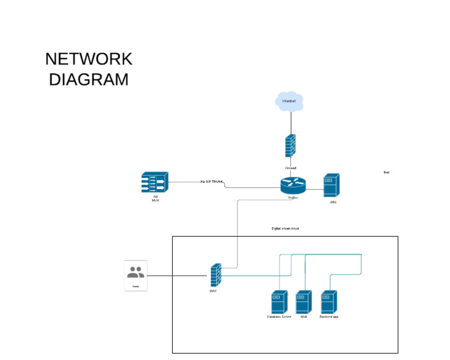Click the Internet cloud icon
289,101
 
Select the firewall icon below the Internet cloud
290,146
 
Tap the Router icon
292,186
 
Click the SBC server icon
331,186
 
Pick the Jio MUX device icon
155,183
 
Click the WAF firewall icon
216,275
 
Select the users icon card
135,275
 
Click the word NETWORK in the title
88,59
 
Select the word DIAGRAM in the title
88,80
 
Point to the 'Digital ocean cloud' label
285,228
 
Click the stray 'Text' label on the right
386,173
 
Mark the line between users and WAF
178,275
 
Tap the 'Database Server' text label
279,317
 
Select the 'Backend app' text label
329,317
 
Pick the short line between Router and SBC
314,190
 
